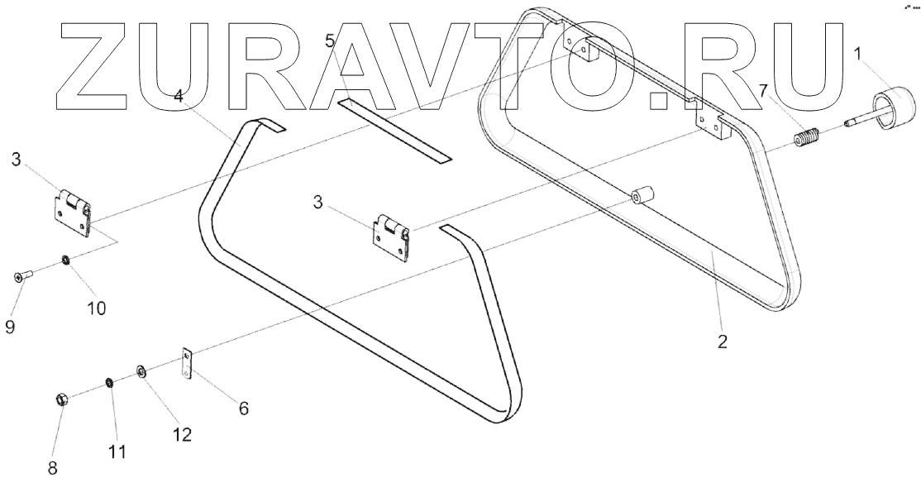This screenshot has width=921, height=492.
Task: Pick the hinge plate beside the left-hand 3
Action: tap(70, 209)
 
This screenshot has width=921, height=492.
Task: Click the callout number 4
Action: tap(179, 97)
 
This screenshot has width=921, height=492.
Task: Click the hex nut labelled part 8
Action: tap(61, 400)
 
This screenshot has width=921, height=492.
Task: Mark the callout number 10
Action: tap(97, 308)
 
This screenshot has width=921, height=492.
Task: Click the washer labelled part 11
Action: tap(108, 384)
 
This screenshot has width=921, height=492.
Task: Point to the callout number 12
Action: tap(182, 433)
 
